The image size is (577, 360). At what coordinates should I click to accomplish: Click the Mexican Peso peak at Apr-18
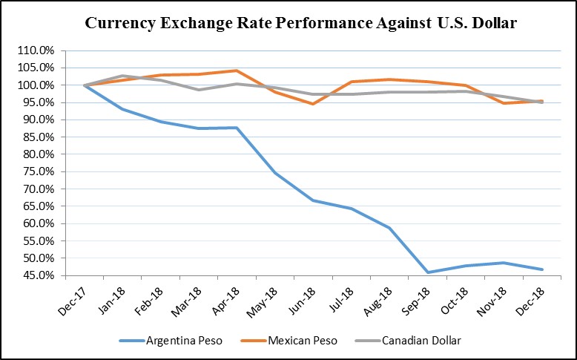[237, 71]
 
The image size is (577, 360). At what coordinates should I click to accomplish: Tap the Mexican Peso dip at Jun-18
[313, 104]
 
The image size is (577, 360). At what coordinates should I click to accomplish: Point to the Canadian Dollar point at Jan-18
[122, 76]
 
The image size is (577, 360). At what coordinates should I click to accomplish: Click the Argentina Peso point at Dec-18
[541, 269]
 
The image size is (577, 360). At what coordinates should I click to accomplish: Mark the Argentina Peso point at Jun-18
[313, 200]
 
